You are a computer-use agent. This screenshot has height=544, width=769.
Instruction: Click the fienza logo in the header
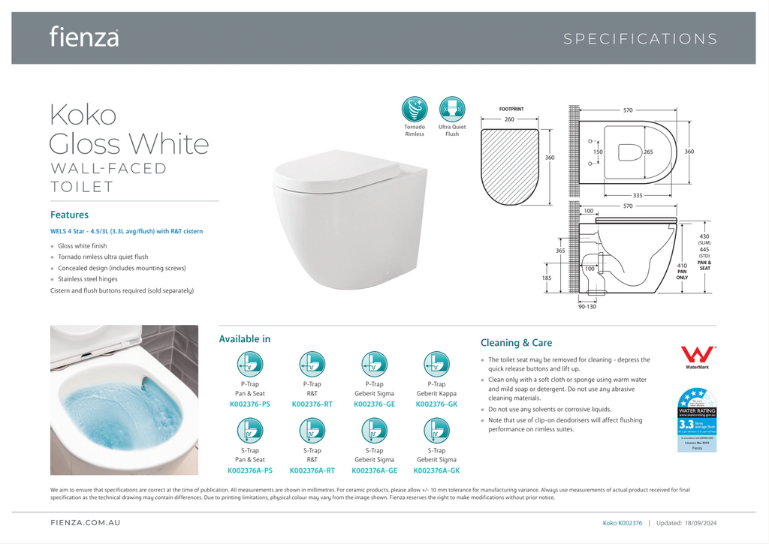[84, 36]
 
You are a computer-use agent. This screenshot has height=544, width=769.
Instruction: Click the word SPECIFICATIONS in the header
[640, 39]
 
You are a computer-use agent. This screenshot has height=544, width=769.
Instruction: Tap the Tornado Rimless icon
[415, 110]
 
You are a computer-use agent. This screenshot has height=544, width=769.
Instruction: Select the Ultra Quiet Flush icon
[452, 110]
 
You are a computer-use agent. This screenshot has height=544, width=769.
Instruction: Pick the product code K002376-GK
[436, 404]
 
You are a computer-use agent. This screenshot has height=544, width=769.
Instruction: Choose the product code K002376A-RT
[312, 470]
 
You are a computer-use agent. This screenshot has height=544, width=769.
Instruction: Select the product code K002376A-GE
[374, 470]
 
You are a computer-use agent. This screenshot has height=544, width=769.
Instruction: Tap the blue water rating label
[697, 419]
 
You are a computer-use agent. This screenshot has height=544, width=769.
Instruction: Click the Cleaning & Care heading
[516, 343]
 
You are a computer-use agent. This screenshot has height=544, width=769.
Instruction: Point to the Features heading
[69, 215]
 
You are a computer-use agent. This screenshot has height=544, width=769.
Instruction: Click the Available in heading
[245, 339]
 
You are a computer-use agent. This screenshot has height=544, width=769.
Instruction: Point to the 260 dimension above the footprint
[509, 119]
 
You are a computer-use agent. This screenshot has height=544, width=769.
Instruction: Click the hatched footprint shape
[509, 166]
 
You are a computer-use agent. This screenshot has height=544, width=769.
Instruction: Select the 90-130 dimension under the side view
[587, 306]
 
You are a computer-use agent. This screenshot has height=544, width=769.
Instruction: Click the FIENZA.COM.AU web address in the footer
[85, 522]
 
